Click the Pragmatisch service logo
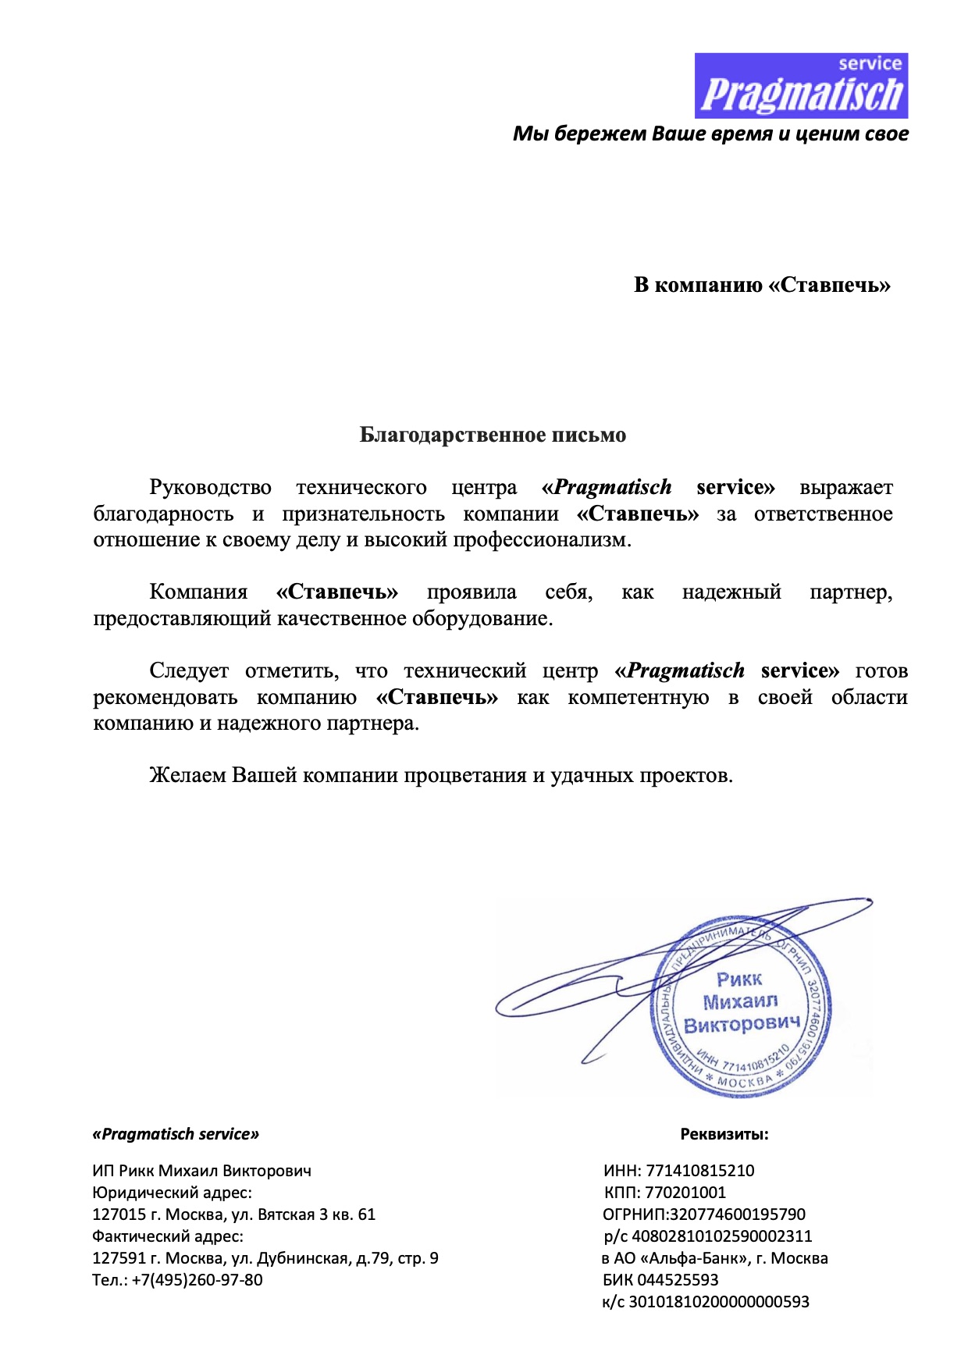(801, 86)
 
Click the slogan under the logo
(710, 134)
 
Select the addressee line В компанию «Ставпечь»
(762, 285)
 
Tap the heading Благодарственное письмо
(493, 435)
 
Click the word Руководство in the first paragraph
(210, 488)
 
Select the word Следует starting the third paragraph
(189, 671)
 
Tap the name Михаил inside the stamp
(740, 1001)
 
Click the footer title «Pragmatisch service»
(176, 1134)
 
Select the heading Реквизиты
(724, 1134)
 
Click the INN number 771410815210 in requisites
(700, 1171)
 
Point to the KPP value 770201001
(685, 1193)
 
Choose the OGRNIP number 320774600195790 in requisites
(738, 1214)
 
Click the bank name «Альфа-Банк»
(694, 1258)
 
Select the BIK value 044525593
(678, 1280)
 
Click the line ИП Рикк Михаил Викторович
(201, 1171)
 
